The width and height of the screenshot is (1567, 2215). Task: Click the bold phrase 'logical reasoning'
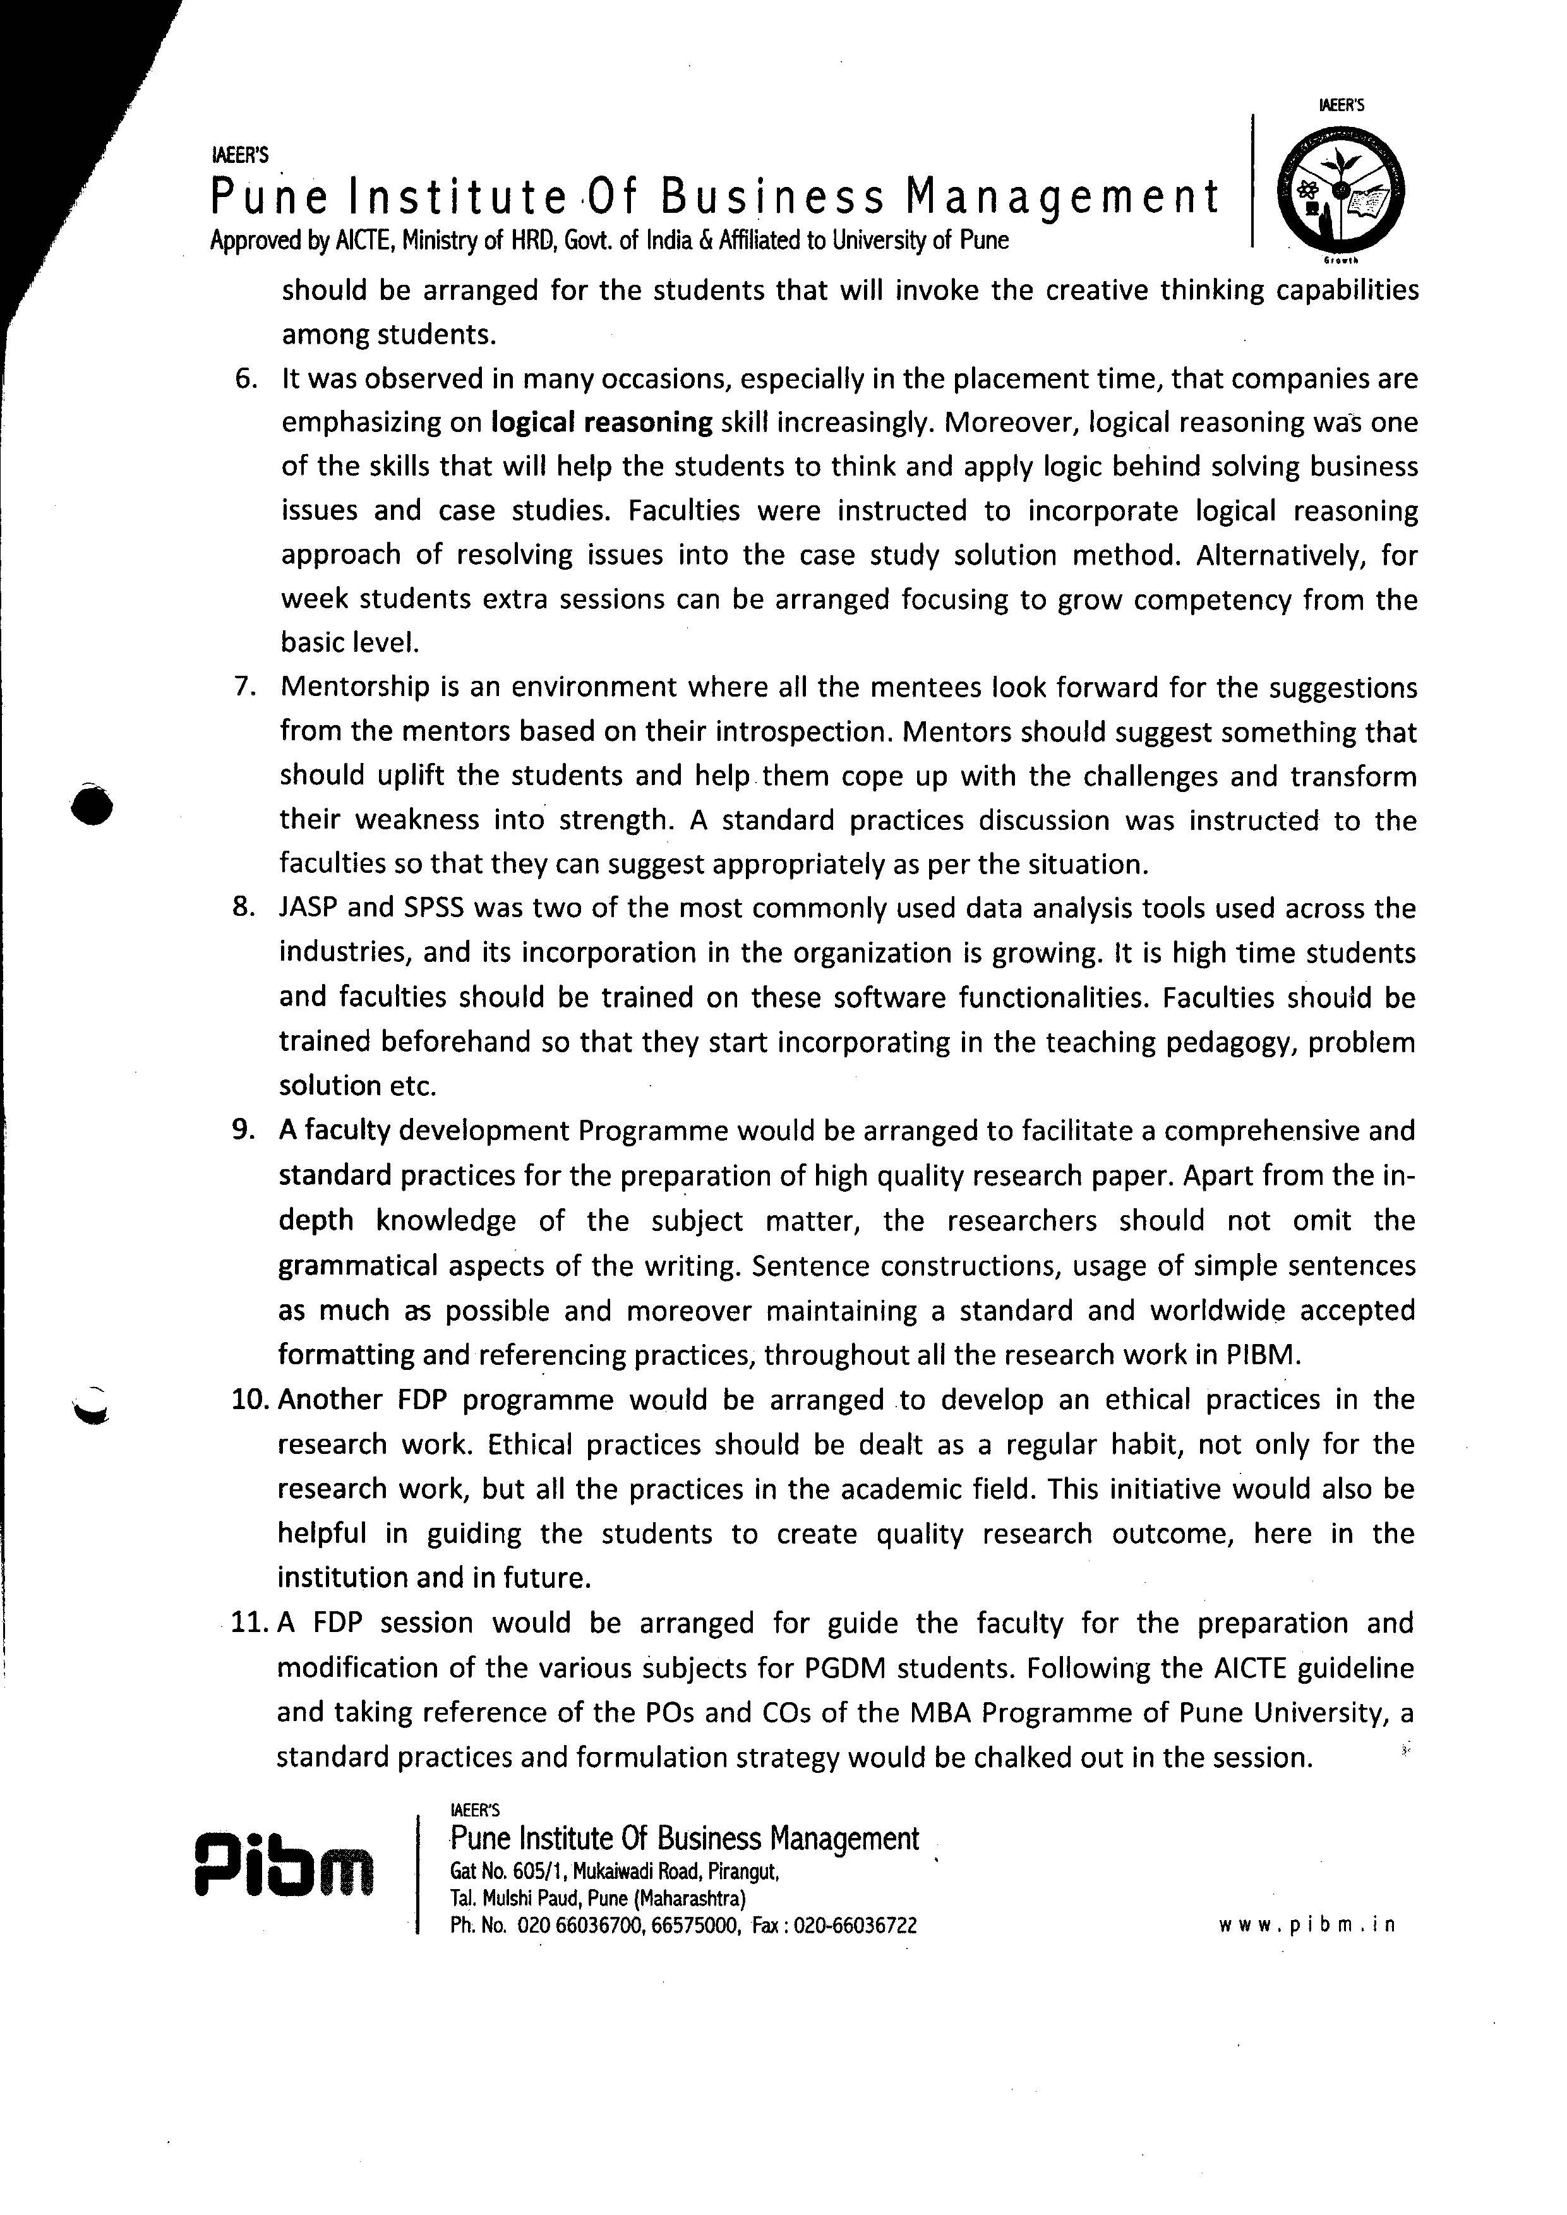(x=601, y=423)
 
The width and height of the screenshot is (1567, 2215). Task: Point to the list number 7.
(x=244, y=687)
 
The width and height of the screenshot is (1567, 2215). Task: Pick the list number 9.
(x=243, y=1130)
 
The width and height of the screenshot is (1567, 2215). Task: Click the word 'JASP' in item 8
(x=308, y=908)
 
